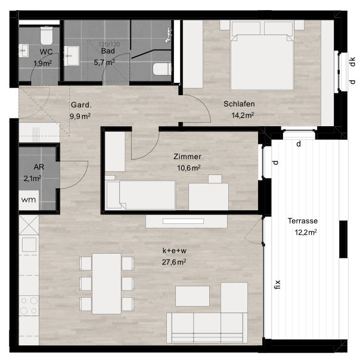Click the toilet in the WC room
pyautogui.click(x=46, y=35)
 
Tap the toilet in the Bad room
pyautogui.click(x=162, y=69)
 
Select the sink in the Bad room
pyautogui.click(x=72, y=55)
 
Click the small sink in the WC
pyautogui.click(x=24, y=51)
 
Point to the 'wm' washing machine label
pyautogui.click(x=29, y=199)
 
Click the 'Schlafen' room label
pyautogui.click(x=239, y=104)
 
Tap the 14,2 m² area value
pyautogui.click(x=243, y=115)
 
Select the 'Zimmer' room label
pyautogui.click(x=187, y=157)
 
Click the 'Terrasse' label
pyautogui.click(x=302, y=221)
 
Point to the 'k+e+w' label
pyautogui.click(x=175, y=251)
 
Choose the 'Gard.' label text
pyautogui.click(x=81, y=105)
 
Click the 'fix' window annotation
pyautogui.click(x=277, y=285)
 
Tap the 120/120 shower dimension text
pyautogui.click(x=109, y=44)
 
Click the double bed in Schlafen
pyautogui.click(x=262, y=55)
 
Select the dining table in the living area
pyautogui.click(x=107, y=283)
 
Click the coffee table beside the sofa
pyautogui.click(x=193, y=296)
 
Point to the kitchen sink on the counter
pyautogui.click(x=29, y=245)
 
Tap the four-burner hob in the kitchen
pyautogui.click(x=29, y=306)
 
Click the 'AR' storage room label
pyautogui.click(x=39, y=167)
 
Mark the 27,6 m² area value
pyautogui.click(x=174, y=262)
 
